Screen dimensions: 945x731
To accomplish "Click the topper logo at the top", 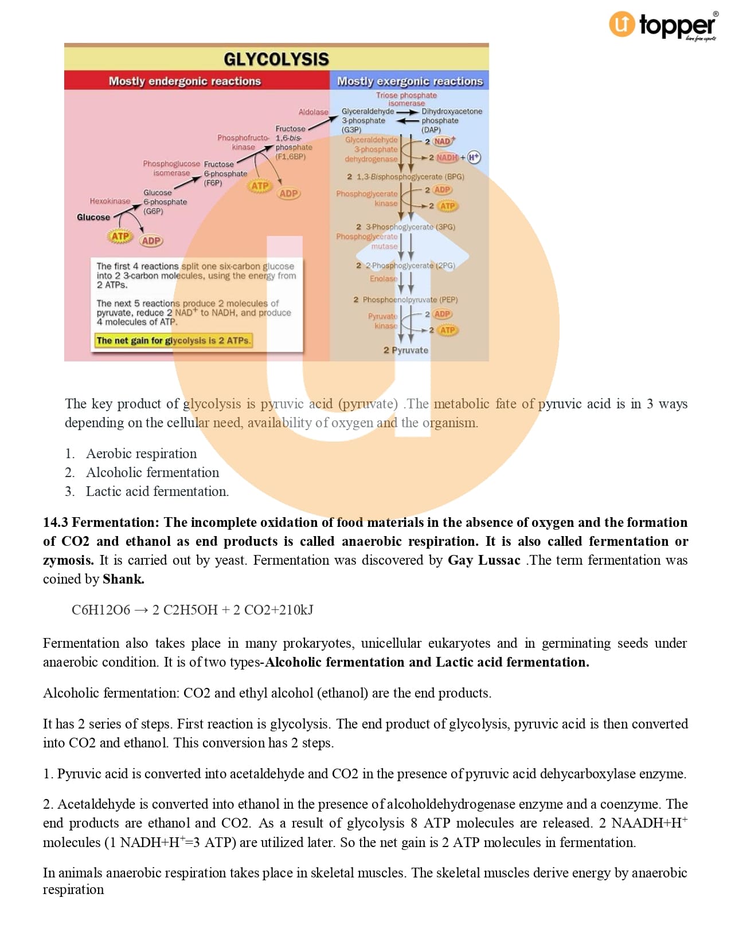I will coord(663,25).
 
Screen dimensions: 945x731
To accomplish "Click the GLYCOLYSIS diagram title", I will coord(276,59).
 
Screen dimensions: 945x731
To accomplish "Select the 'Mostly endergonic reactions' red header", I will coord(185,81).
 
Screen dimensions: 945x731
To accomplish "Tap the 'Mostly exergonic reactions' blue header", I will coord(409,81).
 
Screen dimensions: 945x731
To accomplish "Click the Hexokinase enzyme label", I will coord(110,201).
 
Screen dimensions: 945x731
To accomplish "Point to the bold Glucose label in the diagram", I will coord(93,217).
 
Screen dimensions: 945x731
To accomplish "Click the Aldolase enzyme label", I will coord(313,112).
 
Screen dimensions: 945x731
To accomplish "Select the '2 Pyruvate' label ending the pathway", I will coord(405,350).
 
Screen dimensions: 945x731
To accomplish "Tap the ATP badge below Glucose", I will coord(120,236).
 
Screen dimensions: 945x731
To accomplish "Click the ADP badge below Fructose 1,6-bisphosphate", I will coord(288,194).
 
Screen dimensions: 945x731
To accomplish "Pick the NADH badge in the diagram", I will coord(447,157).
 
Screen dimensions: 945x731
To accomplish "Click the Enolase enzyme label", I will coord(383,278).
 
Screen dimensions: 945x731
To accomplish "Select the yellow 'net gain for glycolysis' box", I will coord(173,340).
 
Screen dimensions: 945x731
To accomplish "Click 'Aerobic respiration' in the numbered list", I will coord(141,454).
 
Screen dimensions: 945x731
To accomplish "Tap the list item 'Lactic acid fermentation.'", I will coord(157,491).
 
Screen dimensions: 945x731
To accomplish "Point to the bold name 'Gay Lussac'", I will coord(484,560).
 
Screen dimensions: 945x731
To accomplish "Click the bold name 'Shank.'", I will coord(123,579).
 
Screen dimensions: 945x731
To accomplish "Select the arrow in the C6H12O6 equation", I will coord(141,610).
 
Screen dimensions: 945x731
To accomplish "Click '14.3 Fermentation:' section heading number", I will coord(56,522).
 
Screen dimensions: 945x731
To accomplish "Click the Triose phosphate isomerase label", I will coord(406,99).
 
